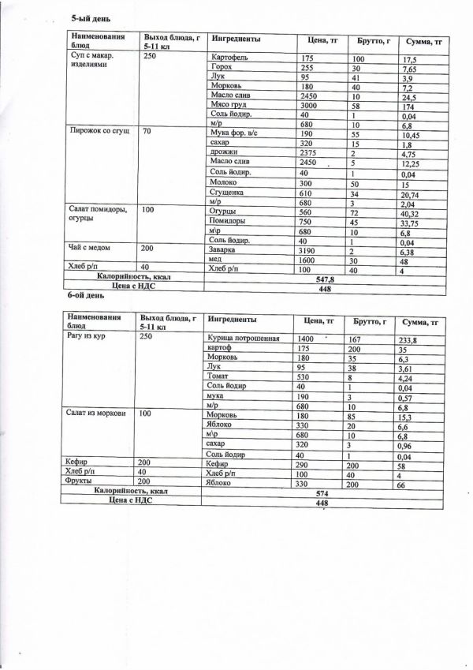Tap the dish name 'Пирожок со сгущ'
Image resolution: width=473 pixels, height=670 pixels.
99,129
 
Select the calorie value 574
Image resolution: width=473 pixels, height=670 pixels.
321,493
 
